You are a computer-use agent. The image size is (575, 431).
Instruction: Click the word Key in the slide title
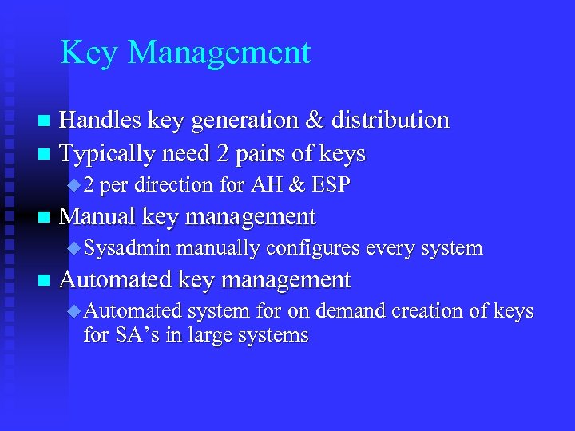[x=89, y=53]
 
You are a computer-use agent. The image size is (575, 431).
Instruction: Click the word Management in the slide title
[x=219, y=53]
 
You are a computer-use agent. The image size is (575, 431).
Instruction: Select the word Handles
[x=101, y=121]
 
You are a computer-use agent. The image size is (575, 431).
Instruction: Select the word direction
[x=176, y=185]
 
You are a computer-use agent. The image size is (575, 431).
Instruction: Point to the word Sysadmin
[x=127, y=249]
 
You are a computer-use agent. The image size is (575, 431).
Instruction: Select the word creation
[x=451, y=311]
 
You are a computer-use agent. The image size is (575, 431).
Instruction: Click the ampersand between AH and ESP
[x=296, y=185]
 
